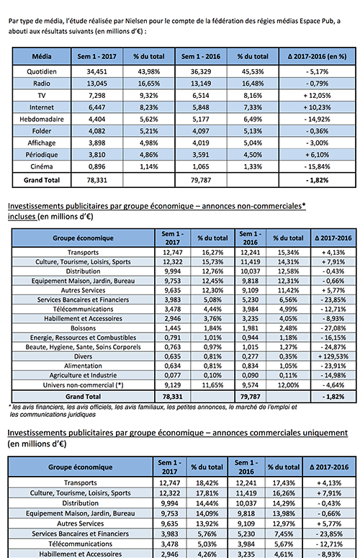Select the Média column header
(42, 56)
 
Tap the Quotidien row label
(42, 71)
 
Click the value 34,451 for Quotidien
(96, 71)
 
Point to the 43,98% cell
(149, 71)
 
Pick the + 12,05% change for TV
(317, 95)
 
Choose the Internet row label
(42, 107)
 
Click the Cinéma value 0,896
(96, 166)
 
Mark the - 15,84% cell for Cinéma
(317, 166)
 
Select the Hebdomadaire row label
(42, 120)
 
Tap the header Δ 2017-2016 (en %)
(317, 56)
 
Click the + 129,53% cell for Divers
(333, 356)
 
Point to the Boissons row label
(84, 328)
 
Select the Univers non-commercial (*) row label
(84, 385)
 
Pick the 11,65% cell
(212, 385)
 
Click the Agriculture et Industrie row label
(84, 375)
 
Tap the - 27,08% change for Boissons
(333, 328)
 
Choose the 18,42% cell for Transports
(207, 483)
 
